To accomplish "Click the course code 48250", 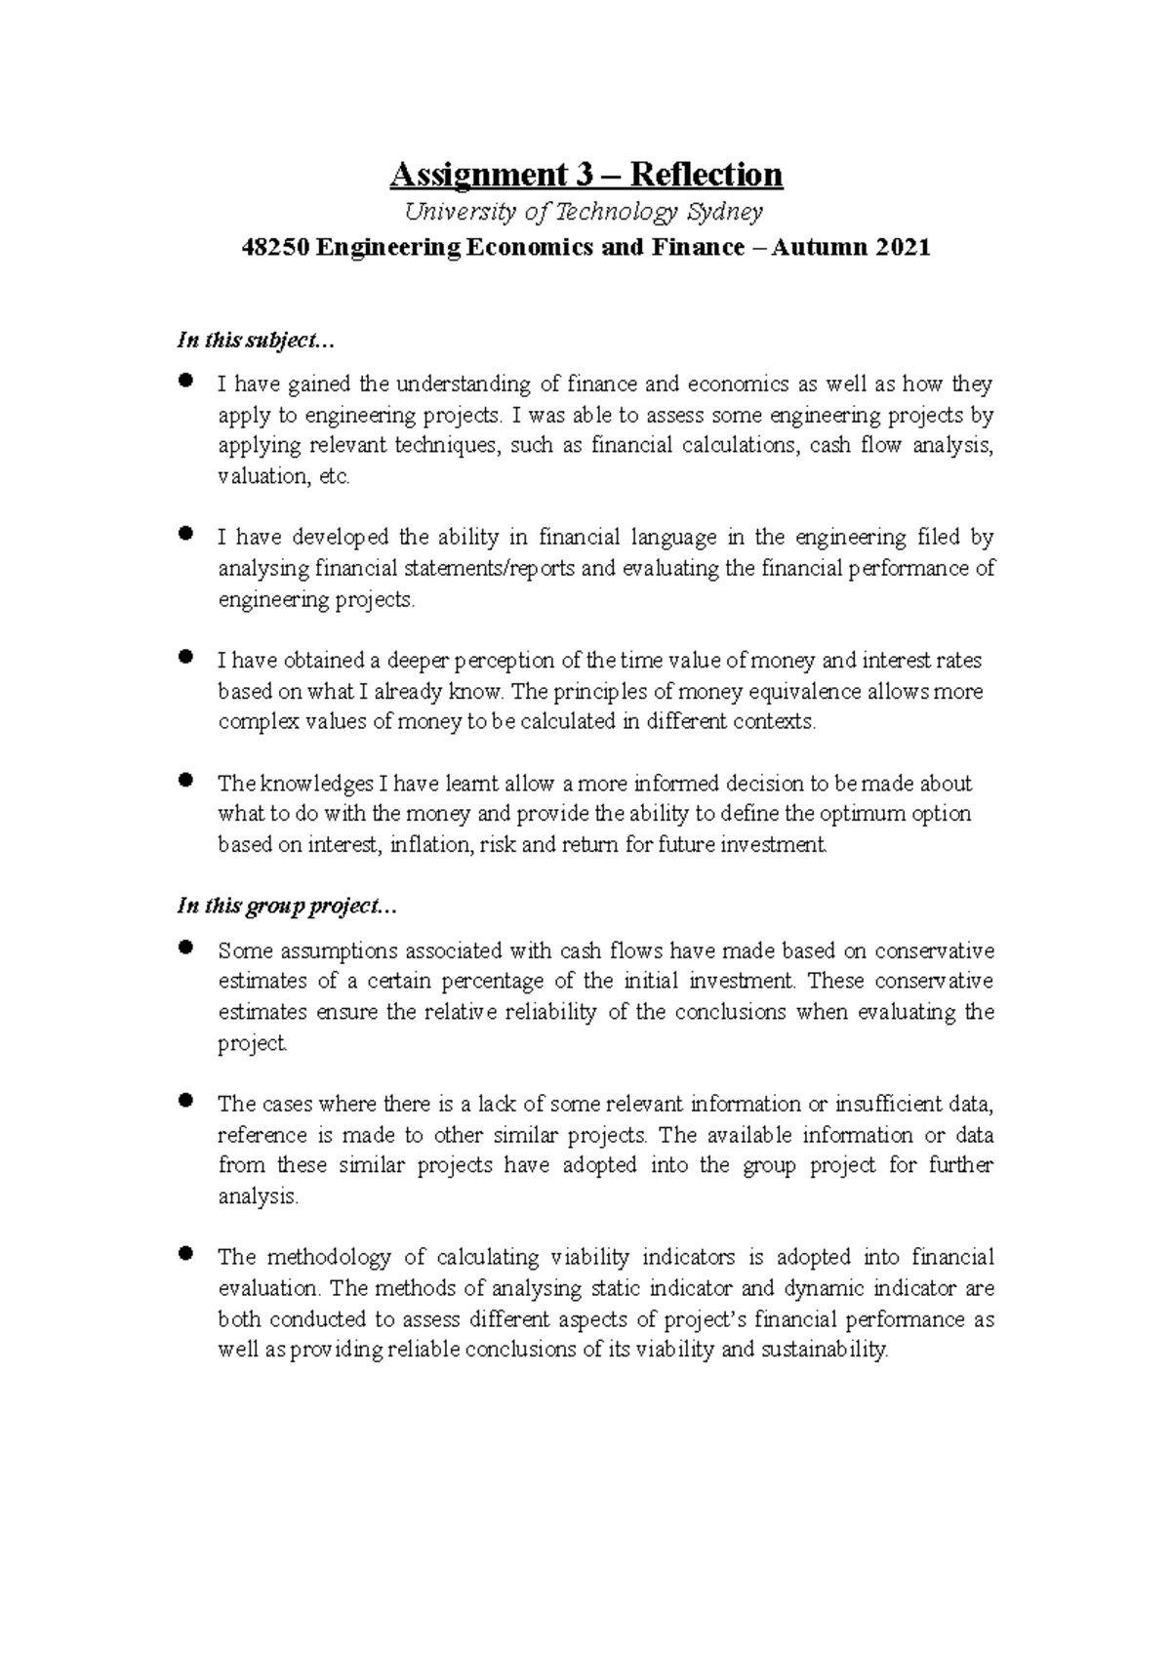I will (276, 248).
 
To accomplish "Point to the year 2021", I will (903, 248).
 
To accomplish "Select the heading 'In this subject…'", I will (256, 341).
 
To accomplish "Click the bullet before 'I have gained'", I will (184, 382).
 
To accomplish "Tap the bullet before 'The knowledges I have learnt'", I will (184, 781).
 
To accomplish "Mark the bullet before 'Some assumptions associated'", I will (184, 948).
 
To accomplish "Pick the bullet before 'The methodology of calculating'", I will (184, 1254).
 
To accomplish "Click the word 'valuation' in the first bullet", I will (262, 476).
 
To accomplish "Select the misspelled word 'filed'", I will (939, 537).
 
